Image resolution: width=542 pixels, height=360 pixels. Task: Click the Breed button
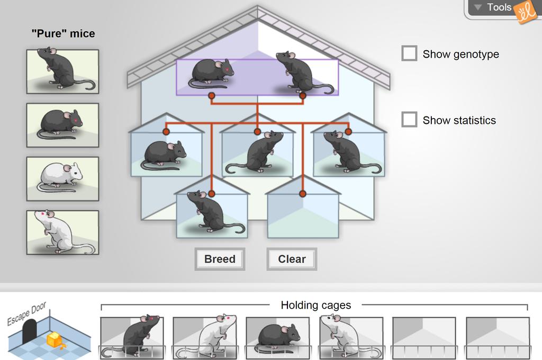pos(220,259)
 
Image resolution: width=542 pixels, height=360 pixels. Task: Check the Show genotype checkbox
pos(409,53)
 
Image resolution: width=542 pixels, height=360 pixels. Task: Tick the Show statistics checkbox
pos(409,120)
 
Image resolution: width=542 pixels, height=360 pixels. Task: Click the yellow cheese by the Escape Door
pos(55,339)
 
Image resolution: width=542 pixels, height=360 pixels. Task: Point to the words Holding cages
pos(315,305)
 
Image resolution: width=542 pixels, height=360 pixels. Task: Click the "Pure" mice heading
pos(63,33)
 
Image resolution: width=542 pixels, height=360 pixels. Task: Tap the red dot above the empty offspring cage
pos(303,194)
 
